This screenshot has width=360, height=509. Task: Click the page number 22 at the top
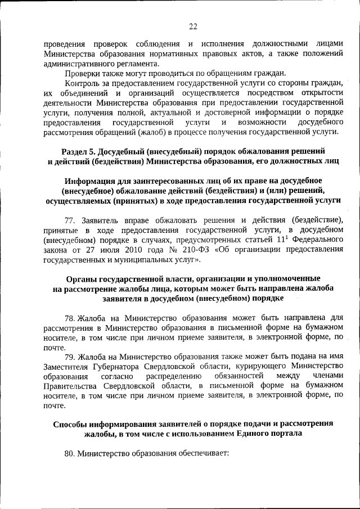tap(192, 26)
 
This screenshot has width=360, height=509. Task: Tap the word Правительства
tap(69, 386)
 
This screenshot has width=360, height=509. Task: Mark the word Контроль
tap(83, 82)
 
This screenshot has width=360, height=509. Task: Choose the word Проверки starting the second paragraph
tap(83, 72)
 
